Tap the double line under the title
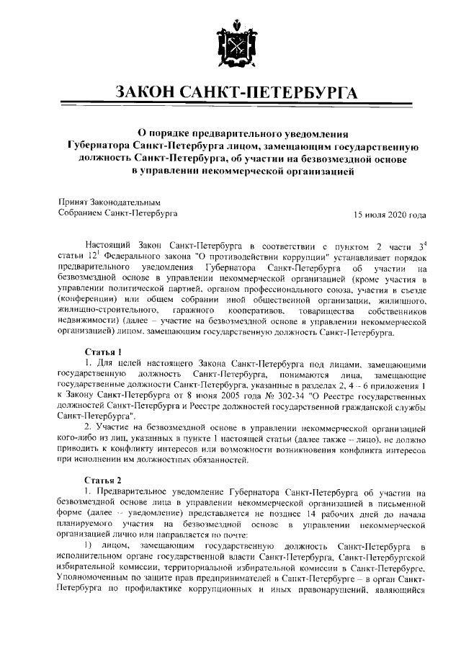point(230,105)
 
